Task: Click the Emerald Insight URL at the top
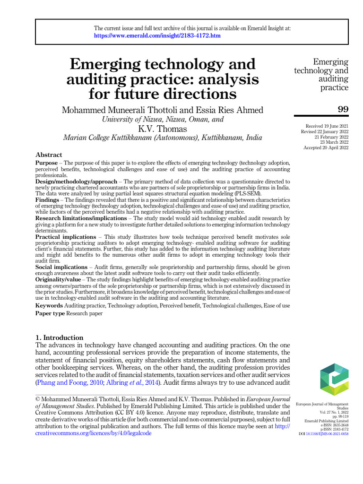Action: (157, 36)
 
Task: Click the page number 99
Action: (343, 110)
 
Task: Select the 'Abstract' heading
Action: (49, 155)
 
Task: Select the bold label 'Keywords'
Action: (50, 306)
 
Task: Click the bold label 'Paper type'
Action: (50, 313)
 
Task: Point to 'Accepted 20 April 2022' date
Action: (326, 148)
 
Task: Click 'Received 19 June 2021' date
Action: (327, 126)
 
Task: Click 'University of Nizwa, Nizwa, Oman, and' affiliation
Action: (163, 120)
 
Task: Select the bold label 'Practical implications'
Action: (66, 237)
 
